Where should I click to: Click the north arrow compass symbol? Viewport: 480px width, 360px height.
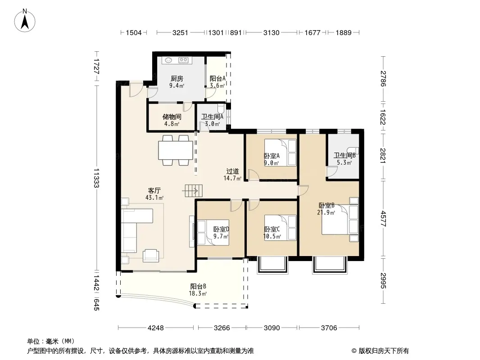pos(25,21)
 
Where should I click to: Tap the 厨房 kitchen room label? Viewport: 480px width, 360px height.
pos(177,79)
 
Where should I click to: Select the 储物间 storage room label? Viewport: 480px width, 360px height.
pos(172,117)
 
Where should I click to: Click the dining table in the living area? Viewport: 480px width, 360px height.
pos(176,150)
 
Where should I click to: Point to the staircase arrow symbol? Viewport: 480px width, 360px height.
pos(192,191)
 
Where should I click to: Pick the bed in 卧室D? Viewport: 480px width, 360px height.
pos(213,233)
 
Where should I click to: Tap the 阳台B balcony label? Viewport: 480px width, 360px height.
pos(198,286)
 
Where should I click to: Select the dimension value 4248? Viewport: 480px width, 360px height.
pos(156,328)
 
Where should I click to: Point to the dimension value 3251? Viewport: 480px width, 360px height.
pos(180,32)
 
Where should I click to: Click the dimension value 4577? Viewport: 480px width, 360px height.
pos(383,219)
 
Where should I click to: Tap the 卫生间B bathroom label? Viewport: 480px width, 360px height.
pos(344,155)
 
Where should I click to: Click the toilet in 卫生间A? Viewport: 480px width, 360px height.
pos(221,108)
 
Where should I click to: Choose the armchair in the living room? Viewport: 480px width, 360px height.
pos(151,256)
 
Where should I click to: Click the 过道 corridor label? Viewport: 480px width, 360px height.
pos(232,171)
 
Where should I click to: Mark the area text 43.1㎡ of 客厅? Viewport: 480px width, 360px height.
pos(154,198)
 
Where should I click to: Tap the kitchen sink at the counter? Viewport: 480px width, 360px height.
pos(168,60)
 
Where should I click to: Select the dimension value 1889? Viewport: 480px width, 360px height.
pos(344,32)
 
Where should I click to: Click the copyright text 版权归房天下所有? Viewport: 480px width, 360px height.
pos(384,351)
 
